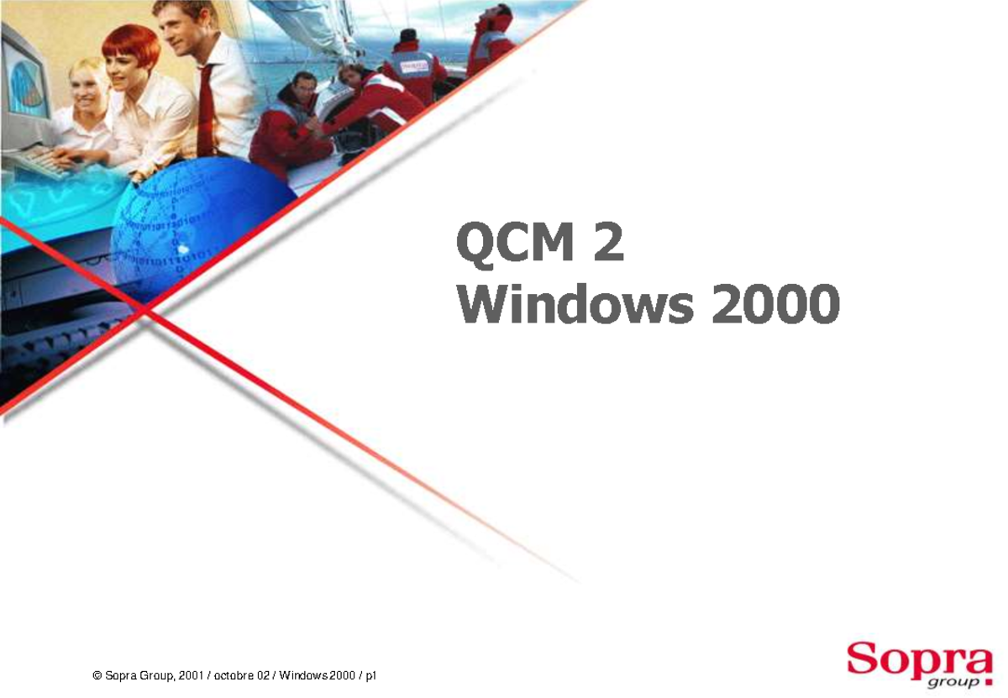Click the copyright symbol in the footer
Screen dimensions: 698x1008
point(97,676)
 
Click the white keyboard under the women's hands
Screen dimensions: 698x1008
point(42,160)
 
